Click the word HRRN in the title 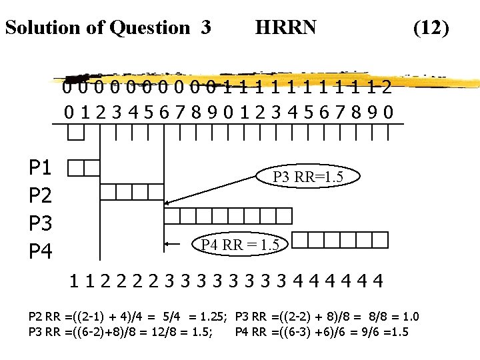pos(286,27)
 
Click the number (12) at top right pos(431,27)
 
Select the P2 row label pos(42,194)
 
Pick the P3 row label pos(42,222)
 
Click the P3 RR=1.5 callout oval pos(308,177)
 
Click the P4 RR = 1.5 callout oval pos(240,245)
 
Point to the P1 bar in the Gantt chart pos(84,167)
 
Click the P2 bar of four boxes pos(131,192)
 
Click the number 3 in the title pos(206,27)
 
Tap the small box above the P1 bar pos(76,133)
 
